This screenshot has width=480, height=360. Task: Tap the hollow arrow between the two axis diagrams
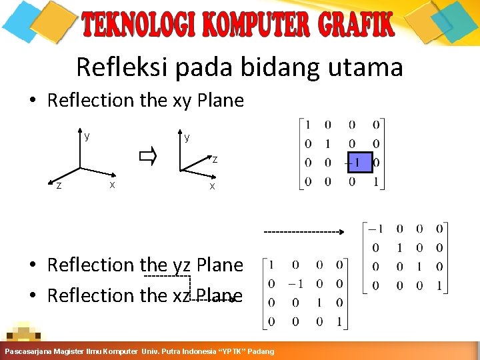pos(147,157)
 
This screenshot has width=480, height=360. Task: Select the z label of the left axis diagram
pos(59,186)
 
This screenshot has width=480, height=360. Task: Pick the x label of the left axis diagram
pos(112,183)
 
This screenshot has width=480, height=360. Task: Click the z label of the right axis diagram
pos(215,159)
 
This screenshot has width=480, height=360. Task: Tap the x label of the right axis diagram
pos(212,186)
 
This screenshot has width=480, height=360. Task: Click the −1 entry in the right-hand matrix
pos(376,229)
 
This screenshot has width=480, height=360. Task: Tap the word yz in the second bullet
pos(182,265)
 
